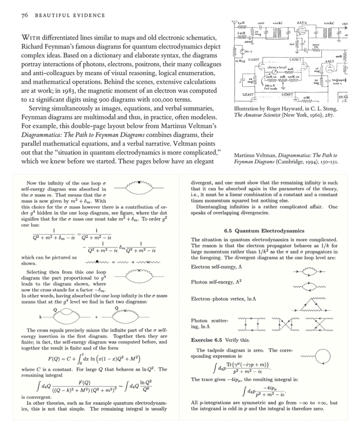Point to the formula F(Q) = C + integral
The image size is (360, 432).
[x=92, y=357]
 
